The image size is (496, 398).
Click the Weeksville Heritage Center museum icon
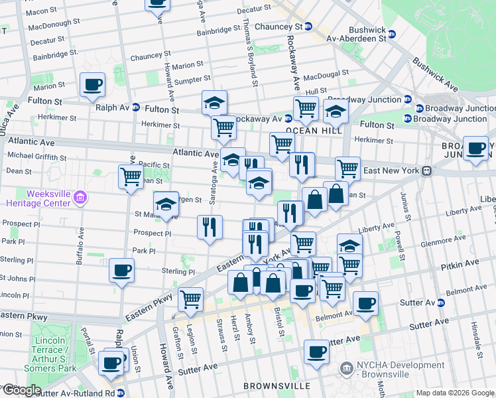pyautogui.click(x=81, y=197)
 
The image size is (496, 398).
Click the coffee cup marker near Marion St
pyautogui.click(x=92, y=85)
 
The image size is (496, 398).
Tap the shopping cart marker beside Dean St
pyautogui.click(x=131, y=176)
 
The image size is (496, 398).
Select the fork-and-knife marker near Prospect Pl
pyautogui.click(x=210, y=228)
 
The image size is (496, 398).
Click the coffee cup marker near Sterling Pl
pyautogui.click(x=121, y=270)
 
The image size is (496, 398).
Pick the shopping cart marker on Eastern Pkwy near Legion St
pyautogui.click(x=191, y=298)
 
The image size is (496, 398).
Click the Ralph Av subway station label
pyautogui.click(x=111, y=107)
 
